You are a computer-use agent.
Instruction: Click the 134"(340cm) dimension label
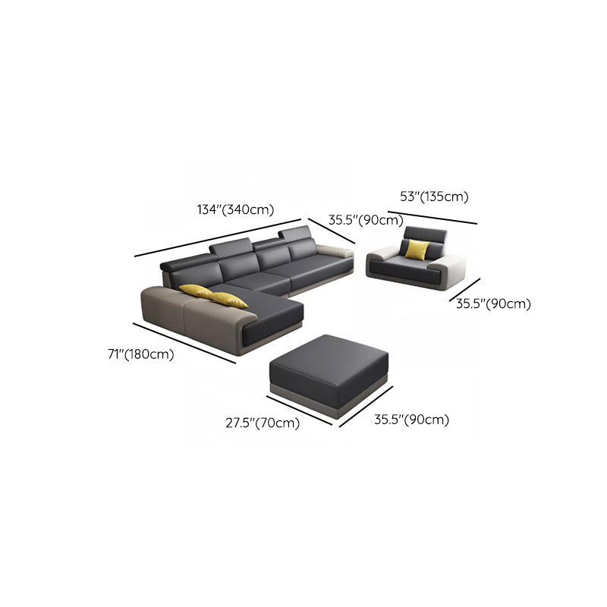coord(235,209)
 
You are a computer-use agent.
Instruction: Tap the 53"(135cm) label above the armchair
coord(434,197)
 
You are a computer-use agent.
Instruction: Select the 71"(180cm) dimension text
coord(141,354)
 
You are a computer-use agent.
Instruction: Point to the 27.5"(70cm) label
coord(263,423)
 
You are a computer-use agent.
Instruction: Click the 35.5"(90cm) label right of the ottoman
coord(411,420)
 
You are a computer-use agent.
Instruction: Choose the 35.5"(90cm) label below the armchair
coord(493,303)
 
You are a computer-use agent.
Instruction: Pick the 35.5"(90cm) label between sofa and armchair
coord(366,220)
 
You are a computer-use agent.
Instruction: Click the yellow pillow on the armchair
coord(417,250)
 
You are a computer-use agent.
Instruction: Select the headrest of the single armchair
coord(425,234)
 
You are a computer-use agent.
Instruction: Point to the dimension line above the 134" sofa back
coord(218,237)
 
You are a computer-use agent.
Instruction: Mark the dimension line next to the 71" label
coord(184,344)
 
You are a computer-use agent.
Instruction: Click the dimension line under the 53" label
coord(432,218)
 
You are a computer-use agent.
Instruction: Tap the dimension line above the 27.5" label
coord(299,410)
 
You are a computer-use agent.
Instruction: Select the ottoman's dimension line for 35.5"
coord(366,407)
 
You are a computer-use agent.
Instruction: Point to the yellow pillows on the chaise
coord(214,296)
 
